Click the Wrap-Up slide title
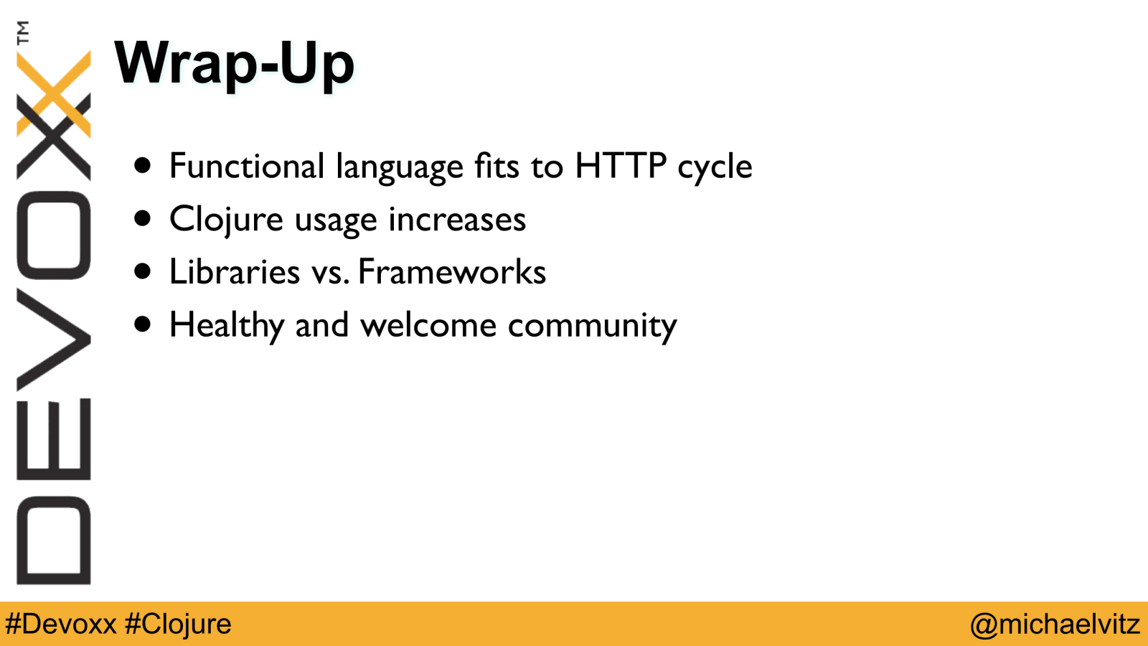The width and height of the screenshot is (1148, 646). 234,65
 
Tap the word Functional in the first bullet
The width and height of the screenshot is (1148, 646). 247,166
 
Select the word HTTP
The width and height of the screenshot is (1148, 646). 621,165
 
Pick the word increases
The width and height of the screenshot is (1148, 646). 457,219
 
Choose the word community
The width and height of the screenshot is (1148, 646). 593,327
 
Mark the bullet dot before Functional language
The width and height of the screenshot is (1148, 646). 143,166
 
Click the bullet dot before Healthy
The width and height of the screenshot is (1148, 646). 143,324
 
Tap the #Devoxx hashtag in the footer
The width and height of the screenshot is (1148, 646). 61,624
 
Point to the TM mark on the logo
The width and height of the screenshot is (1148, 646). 23,32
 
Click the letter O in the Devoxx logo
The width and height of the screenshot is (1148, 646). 54,235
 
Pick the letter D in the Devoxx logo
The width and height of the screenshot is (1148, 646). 54,540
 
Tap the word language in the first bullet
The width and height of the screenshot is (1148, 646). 399,168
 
